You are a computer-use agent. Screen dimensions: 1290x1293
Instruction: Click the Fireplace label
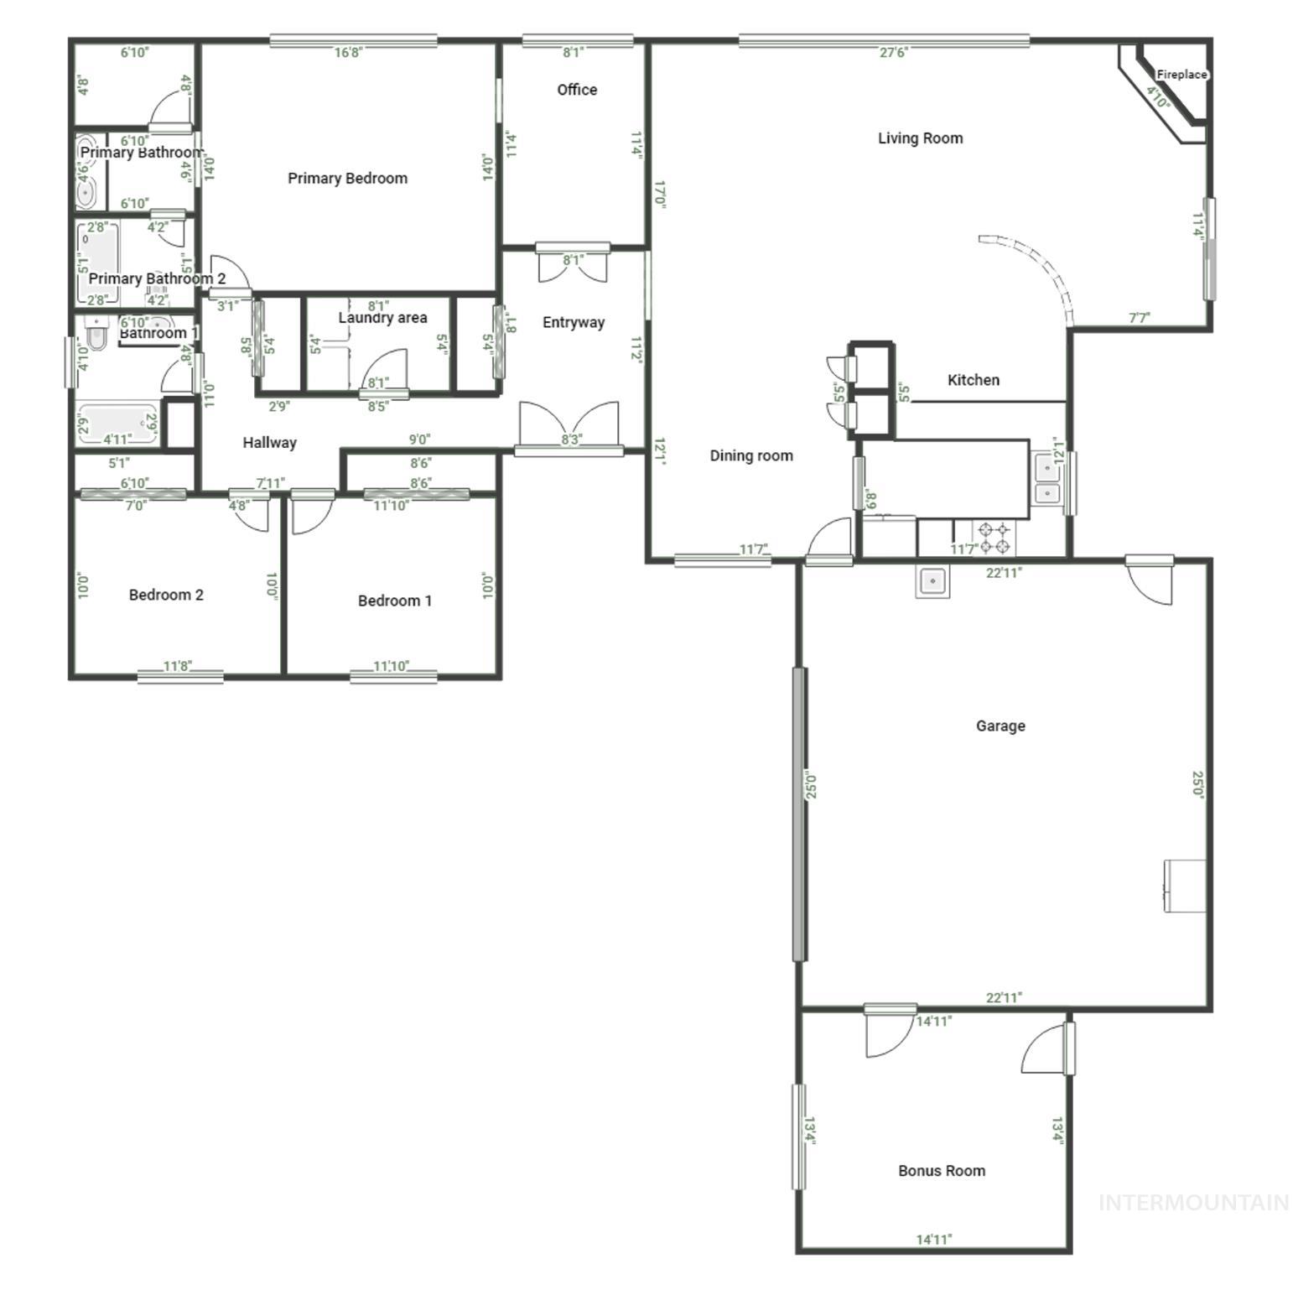(x=1181, y=75)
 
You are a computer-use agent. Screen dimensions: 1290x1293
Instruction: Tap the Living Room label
(x=920, y=138)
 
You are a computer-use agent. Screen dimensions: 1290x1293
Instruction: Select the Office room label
(x=577, y=90)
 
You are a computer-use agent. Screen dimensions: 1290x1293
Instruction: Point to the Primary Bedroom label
(x=347, y=178)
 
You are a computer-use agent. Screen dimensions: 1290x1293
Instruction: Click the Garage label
(x=1000, y=726)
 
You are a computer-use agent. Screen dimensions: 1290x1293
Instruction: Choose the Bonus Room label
(x=941, y=1170)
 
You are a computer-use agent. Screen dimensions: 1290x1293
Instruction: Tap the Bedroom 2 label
(x=166, y=595)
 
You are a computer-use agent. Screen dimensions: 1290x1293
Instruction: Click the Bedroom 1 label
(x=394, y=601)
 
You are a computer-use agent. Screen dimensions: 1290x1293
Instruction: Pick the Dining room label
(x=750, y=455)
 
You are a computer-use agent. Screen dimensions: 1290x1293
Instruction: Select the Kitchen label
(x=973, y=380)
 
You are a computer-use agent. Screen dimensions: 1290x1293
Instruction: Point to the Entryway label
(x=573, y=322)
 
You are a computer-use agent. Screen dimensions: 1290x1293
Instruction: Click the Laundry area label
(x=382, y=318)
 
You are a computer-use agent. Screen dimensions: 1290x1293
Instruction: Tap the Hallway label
(x=269, y=442)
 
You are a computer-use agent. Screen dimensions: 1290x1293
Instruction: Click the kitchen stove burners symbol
(x=994, y=538)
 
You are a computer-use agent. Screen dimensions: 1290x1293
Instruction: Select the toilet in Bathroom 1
(x=96, y=336)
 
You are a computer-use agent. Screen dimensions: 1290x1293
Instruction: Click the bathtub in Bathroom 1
(x=117, y=424)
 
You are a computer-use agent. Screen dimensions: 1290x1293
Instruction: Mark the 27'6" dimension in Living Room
(x=893, y=53)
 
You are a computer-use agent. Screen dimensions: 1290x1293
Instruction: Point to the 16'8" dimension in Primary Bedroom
(x=348, y=53)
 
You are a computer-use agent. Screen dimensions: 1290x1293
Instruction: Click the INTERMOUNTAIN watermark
(x=1193, y=1203)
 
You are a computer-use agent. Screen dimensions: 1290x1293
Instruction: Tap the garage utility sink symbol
(x=932, y=580)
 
